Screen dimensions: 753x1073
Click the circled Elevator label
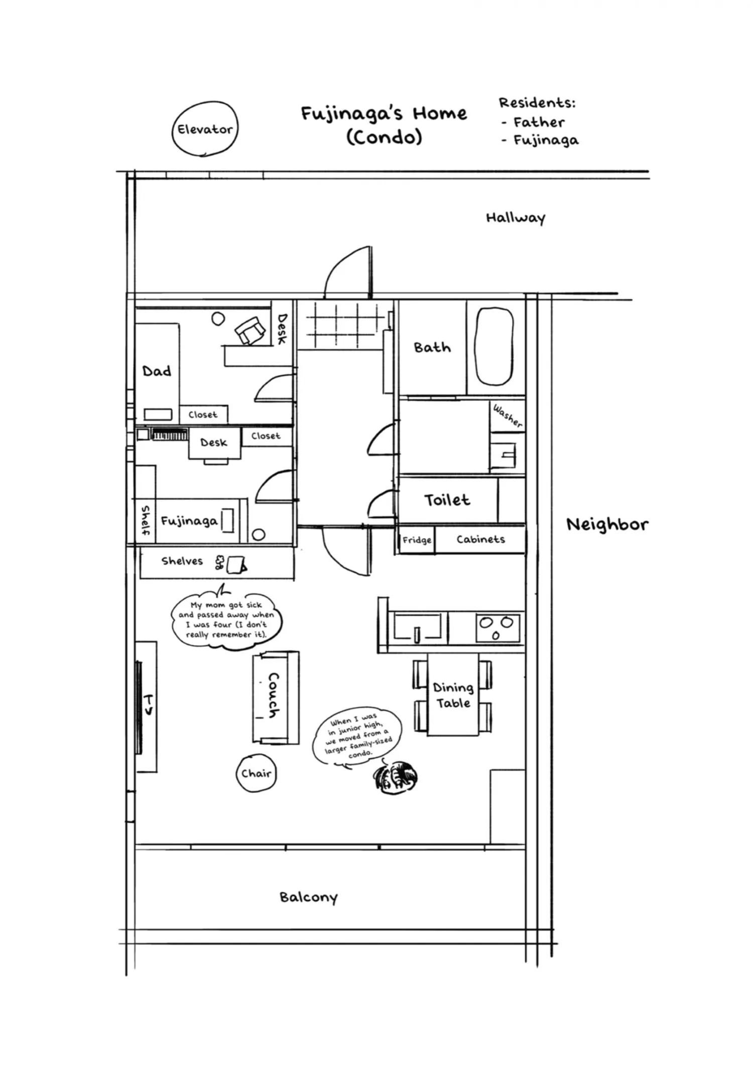(x=205, y=129)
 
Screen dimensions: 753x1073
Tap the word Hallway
(x=516, y=218)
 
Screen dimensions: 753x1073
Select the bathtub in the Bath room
(x=494, y=346)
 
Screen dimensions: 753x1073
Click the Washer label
(x=508, y=416)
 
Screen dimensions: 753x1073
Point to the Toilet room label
(x=447, y=500)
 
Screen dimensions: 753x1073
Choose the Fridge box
(x=417, y=540)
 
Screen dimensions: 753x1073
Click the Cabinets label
(x=480, y=540)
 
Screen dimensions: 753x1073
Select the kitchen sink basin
(x=418, y=626)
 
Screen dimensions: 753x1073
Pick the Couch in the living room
(x=276, y=698)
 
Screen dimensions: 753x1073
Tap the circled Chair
(x=256, y=773)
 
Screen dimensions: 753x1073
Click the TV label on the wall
(x=149, y=705)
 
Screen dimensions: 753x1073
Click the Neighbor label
(x=607, y=524)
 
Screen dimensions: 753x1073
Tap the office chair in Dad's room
(x=250, y=331)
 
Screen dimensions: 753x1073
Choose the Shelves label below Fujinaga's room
(x=182, y=561)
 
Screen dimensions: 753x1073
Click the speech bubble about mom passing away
(x=226, y=620)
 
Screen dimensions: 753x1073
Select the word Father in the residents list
(x=539, y=122)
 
